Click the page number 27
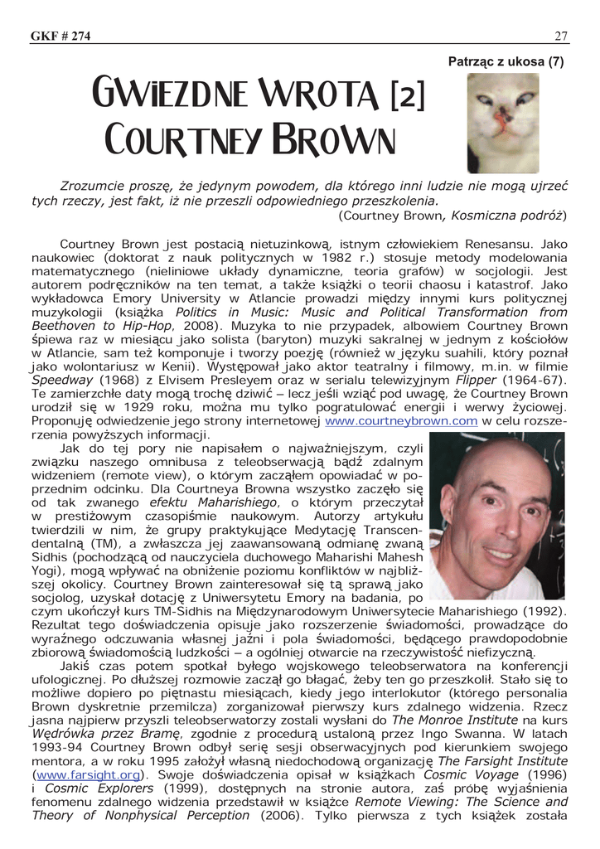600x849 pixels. (x=560, y=35)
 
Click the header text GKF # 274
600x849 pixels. (x=60, y=35)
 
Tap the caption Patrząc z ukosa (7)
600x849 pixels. (x=506, y=61)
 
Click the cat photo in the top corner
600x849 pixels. (x=503, y=123)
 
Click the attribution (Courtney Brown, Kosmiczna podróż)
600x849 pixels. (x=452, y=216)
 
